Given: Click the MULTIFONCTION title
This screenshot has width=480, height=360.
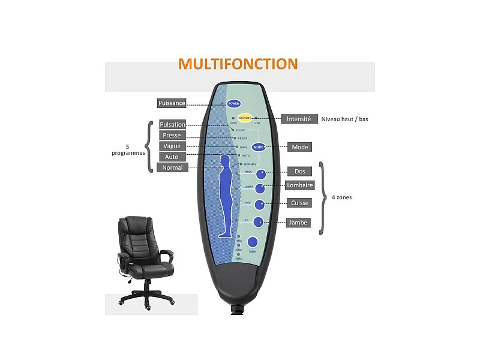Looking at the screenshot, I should (x=238, y=64).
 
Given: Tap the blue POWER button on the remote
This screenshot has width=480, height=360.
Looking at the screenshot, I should (x=233, y=103).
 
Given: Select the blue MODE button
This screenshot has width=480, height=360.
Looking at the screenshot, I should (x=259, y=147).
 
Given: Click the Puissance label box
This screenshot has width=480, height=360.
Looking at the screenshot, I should (x=172, y=103).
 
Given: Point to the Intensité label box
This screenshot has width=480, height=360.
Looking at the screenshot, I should (x=299, y=119).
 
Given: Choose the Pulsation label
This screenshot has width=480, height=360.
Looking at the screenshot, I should (x=172, y=125).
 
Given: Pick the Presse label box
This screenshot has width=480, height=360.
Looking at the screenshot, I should (x=172, y=136).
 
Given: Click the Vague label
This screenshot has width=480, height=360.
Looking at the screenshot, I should (x=172, y=146).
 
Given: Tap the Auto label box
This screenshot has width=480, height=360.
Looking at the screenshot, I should (x=172, y=157).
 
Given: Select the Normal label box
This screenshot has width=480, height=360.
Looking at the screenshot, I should (x=172, y=168).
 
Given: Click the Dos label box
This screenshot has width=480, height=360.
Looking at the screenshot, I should (x=299, y=172).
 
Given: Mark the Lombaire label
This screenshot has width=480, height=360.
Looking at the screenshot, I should (x=299, y=186).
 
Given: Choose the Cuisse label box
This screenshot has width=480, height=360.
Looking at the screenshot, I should (x=299, y=203).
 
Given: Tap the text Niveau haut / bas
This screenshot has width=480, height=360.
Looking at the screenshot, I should (x=344, y=119).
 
